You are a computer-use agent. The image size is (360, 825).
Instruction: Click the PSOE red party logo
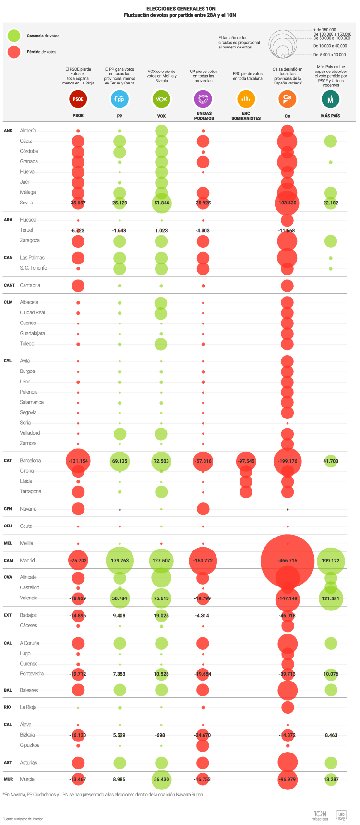pyautogui.click(x=78, y=99)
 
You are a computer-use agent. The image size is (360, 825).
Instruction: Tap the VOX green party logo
pyautogui.click(x=161, y=99)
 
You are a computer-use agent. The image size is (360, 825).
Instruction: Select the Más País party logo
pyautogui.click(x=330, y=99)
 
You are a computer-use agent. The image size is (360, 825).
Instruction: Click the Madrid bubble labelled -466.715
pyautogui.click(x=287, y=561)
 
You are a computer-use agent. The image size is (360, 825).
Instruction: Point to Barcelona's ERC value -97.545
pyautogui.click(x=246, y=461)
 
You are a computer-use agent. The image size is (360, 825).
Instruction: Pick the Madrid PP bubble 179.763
pyautogui.click(x=120, y=561)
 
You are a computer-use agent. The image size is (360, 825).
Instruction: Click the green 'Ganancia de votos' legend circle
pyautogui.click(x=14, y=36)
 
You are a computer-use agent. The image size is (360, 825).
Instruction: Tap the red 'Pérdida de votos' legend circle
pyautogui.click(x=14, y=52)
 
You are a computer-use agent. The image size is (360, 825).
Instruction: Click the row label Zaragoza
pyautogui.click(x=30, y=240)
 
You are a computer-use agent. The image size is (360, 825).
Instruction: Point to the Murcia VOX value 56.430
pyautogui.click(x=161, y=780)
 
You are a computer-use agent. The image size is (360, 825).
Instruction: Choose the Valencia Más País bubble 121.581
pyautogui.click(x=331, y=598)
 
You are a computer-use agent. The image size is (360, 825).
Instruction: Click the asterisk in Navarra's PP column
pyautogui.click(x=120, y=510)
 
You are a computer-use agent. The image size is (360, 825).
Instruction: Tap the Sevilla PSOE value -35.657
pyautogui.click(x=77, y=203)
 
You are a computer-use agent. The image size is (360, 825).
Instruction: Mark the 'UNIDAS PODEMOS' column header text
pyautogui.click(x=204, y=116)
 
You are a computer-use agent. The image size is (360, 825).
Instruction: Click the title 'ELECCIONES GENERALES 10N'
pyautogui.click(x=180, y=9)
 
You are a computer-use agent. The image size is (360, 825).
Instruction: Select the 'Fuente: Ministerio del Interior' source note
pyautogui.click(x=23, y=819)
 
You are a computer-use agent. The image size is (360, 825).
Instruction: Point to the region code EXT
pyautogui.click(x=8, y=615)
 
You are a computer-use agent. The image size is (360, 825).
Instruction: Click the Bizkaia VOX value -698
pyautogui.click(x=161, y=735)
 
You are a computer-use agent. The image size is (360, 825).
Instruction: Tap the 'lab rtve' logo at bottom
pyautogui.click(x=341, y=815)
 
